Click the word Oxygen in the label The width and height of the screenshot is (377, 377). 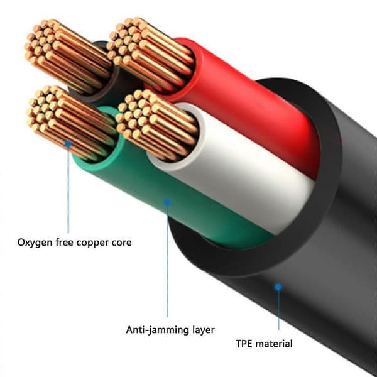(35, 243)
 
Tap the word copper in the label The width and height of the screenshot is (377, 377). (92, 243)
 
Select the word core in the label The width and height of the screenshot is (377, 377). (121, 243)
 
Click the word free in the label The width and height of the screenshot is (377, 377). (65, 242)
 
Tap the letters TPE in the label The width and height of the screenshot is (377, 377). (244, 344)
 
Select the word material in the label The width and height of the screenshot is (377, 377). (273, 344)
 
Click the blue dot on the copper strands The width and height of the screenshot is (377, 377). (68, 144)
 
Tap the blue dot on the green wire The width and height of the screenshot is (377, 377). (167, 202)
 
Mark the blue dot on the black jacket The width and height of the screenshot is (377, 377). (278, 287)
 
